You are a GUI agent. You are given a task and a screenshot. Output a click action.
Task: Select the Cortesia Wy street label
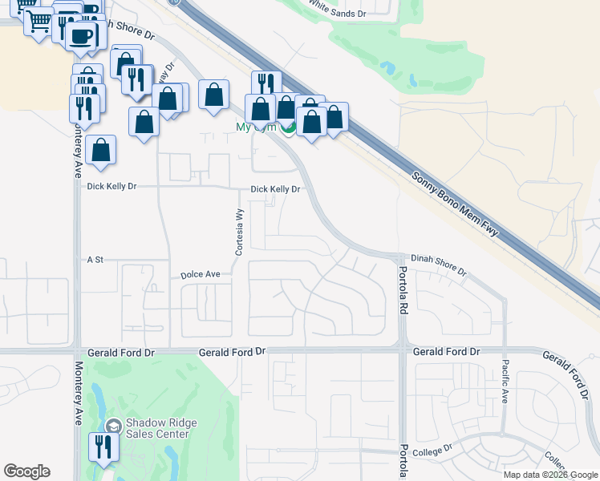coord(238,232)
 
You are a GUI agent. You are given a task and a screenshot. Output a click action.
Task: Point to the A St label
coord(95,260)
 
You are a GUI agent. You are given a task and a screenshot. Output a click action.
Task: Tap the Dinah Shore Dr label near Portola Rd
coord(438,265)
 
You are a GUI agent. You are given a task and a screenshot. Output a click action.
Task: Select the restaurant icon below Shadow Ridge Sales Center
coord(103,447)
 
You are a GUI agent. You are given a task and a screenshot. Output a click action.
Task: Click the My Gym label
coord(257,127)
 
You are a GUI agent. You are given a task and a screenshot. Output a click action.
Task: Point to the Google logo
coord(26,471)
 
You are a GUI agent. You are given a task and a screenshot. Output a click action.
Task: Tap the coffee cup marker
coord(81,35)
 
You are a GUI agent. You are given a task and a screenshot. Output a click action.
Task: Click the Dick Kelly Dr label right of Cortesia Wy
coord(275,190)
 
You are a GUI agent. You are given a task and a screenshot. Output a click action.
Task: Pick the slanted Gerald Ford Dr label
coord(565,372)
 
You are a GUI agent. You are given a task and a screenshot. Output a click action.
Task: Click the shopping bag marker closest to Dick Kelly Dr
coord(101,150)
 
